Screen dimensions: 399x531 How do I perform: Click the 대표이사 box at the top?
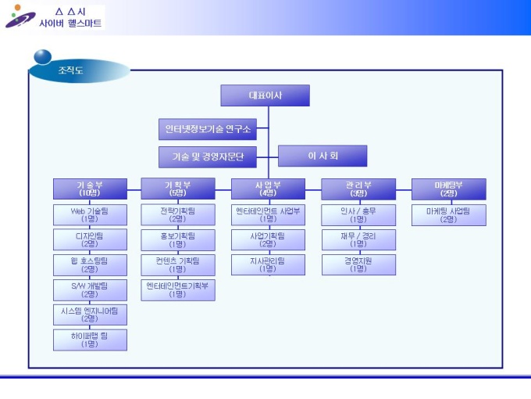click(x=265, y=95)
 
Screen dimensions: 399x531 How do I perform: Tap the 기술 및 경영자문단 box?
click(x=208, y=156)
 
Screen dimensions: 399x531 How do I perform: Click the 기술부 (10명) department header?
click(x=90, y=189)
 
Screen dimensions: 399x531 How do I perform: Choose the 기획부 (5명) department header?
click(x=177, y=189)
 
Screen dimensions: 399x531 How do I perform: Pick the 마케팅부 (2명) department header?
click(x=448, y=189)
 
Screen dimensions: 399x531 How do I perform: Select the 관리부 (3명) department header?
click(x=358, y=189)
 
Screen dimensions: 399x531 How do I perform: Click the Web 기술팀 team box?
click(x=90, y=214)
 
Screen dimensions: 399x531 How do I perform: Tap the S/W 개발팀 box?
click(x=90, y=289)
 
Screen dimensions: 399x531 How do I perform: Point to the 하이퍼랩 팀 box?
click(x=90, y=340)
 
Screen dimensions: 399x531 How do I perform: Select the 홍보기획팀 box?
click(x=177, y=239)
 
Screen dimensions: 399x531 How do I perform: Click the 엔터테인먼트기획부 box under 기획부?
click(x=177, y=289)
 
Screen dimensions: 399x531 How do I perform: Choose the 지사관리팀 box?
click(x=268, y=264)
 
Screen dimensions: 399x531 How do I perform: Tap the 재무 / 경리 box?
click(x=358, y=239)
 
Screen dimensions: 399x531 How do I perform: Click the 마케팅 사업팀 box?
click(x=448, y=214)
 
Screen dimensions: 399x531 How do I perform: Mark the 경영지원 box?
click(x=358, y=264)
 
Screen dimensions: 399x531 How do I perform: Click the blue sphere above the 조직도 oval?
click(x=43, y=56)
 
